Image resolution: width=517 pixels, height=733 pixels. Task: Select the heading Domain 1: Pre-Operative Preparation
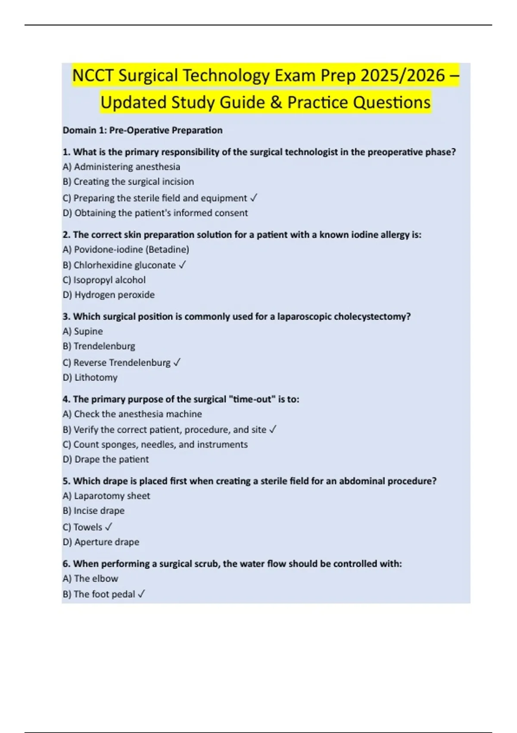tap(143, 130)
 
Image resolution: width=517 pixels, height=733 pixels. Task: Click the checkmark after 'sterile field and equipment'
tap(254, 198)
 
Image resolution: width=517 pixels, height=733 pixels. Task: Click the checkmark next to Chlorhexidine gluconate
tap(182, 265)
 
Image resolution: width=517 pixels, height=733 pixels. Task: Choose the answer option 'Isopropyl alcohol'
tap(104, 280)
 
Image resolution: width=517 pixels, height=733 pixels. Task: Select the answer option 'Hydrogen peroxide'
tap(109, 295)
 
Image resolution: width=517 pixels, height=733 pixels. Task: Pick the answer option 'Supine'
tap(83, 331)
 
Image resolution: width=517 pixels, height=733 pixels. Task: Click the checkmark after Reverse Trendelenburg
tap(177, 363)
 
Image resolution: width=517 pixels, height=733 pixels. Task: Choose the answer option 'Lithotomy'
tap(90, 378)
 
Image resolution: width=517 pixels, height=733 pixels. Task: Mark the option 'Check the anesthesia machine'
tap(132, 414)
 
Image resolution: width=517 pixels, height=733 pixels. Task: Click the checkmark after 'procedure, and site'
tap(273, 429)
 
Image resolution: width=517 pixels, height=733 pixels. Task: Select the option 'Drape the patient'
tap(106, 460)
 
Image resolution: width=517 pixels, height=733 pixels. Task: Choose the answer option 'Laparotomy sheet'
tap(106, 496)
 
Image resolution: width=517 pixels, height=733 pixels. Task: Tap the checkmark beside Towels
tap(109, 527)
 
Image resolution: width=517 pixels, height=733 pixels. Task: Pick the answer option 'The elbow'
tap(90, 579)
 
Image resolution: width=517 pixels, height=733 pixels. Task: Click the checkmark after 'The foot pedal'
tap(141, 594)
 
